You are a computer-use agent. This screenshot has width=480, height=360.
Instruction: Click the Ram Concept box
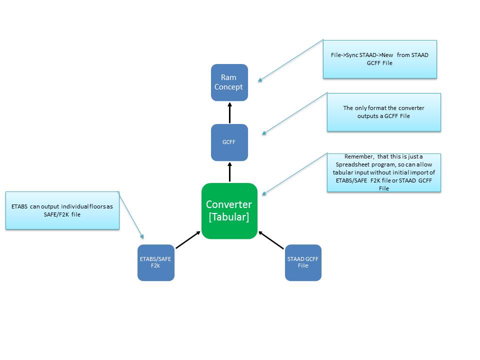click(229, 82)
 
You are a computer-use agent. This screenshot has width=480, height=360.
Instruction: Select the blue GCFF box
click(229, 142)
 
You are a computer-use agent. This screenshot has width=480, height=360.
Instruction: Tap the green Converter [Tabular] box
click(229, 211)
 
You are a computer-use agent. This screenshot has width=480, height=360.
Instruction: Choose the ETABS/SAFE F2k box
click(156, 262)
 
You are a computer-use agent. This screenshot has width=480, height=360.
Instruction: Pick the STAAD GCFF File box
click(303, 262)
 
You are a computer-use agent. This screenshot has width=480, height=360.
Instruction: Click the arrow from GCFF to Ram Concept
click(229, 112)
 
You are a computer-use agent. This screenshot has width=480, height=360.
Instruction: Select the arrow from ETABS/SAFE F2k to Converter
click(187, 239)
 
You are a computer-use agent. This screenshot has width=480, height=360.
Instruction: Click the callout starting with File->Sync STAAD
click(380, 59)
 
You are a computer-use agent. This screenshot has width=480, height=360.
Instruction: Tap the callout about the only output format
click(384, 112)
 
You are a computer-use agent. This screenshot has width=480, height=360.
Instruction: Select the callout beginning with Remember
click(384, 172)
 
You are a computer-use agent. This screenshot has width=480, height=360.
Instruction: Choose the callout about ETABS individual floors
click(62, 210)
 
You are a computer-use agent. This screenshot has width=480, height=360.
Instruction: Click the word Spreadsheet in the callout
click(352, 164)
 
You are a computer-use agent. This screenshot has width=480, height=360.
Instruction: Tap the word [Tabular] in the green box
click(229, 217)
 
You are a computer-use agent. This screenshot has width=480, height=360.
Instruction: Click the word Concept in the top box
click(229, 87)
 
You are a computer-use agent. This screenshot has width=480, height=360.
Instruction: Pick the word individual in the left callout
click(75, 206)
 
